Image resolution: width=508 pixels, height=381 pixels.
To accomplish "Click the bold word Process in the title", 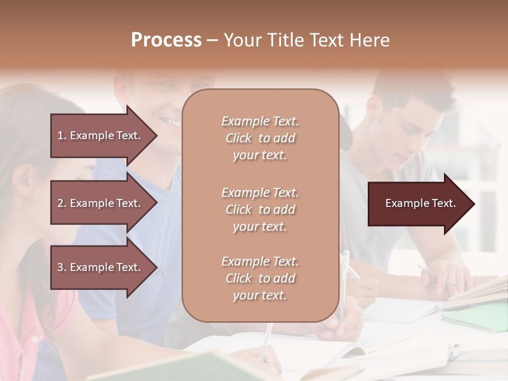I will pos(166,40).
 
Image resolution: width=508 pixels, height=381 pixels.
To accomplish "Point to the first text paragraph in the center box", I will pos(260,138).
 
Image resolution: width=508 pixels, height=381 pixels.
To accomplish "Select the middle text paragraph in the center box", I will pos(260,210).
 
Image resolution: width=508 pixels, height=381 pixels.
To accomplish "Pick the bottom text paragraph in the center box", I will pos(260,278).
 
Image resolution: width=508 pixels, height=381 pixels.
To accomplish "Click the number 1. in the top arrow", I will pos(62,135).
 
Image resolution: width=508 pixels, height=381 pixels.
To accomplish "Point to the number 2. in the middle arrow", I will pos(62,203).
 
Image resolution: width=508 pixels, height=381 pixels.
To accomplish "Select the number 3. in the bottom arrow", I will pos(62,267).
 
